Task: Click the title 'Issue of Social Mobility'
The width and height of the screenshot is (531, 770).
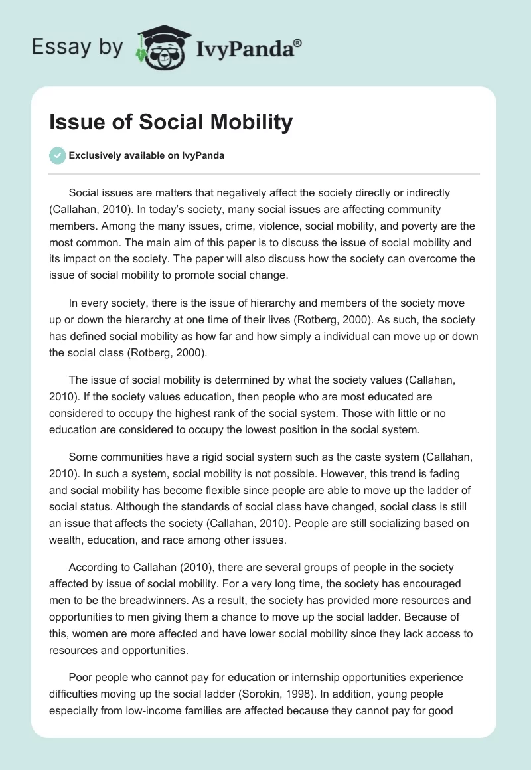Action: [171, 123]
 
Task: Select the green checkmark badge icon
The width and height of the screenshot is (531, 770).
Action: [58, 155]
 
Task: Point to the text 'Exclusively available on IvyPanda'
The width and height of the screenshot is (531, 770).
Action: [147, 155]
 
